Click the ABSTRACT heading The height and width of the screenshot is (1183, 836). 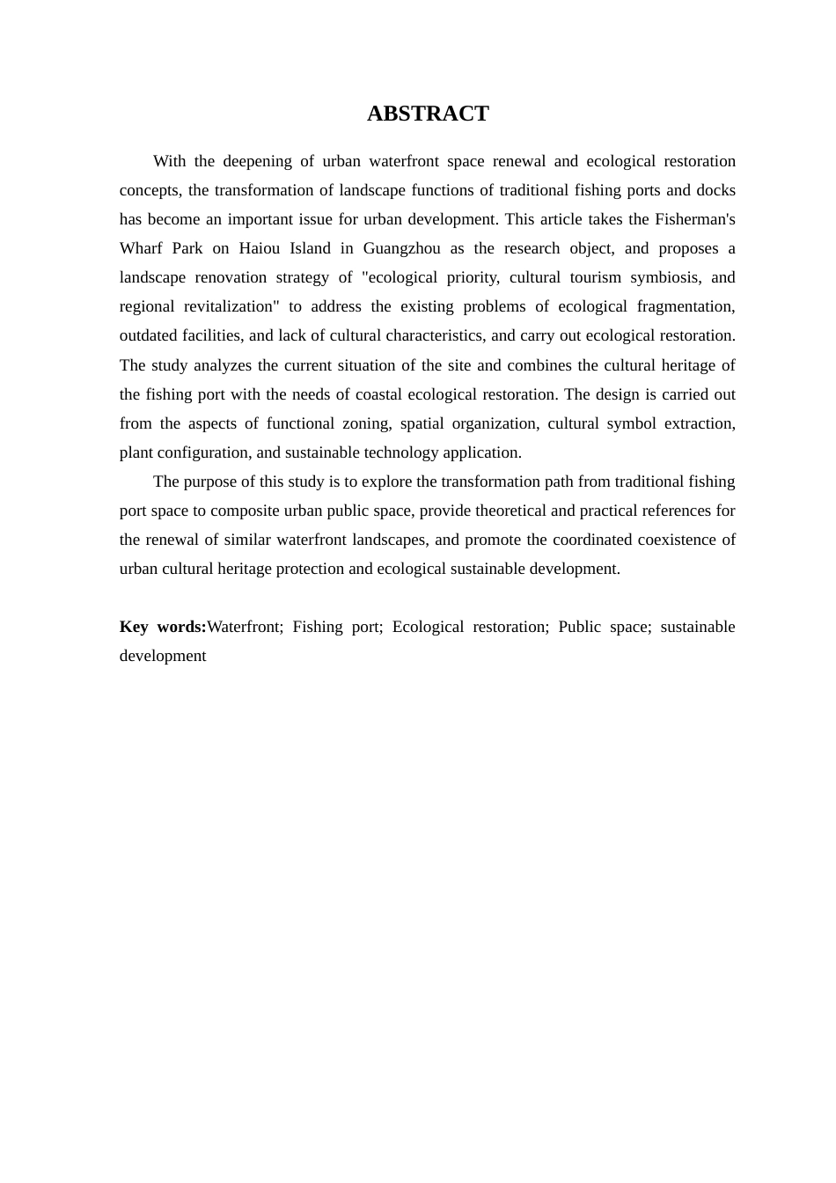click(x=428, y=114)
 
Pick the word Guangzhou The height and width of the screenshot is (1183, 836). click(x=401, y=248)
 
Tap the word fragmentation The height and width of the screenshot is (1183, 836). click(x=686, y=306)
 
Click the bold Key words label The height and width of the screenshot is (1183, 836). click(x=163, y=627)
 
